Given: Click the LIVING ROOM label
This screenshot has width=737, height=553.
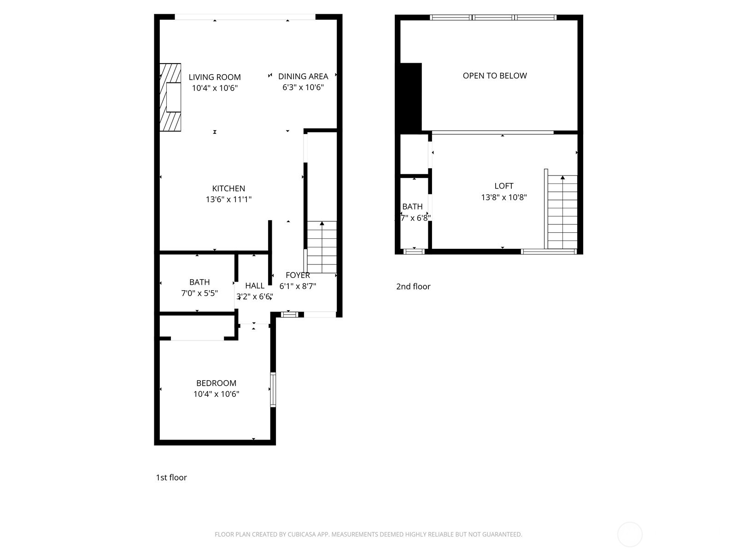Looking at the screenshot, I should pyautogui.click(x=215, y=77).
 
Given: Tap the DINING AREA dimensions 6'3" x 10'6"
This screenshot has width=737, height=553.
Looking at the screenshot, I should pyautogui.click(x=303, y=88).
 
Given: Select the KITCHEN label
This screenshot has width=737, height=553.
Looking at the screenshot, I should pyautogui.click(x=228, y=188).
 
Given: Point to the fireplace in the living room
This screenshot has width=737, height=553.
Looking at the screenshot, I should pyautogui.click(x=170, y=97).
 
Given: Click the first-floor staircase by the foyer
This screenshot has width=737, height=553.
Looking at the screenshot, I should pyautogui.click(x=322, y=247).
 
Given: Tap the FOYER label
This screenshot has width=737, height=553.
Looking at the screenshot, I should pyautogui.click(x=298, y=275).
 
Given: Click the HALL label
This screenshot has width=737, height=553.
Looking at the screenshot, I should pyautogui.click(x=255, y=286).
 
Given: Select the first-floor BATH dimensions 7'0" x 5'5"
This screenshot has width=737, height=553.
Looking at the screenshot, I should pyautogui.click(x=199, y=293).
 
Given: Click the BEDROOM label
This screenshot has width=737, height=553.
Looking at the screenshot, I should pyautogui.click(x=216, y=383).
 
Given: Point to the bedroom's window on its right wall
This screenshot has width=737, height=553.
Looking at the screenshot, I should pyautogui.click(x=273, y=389).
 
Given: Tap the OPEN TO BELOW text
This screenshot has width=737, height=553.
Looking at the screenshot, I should pyautogui.click(x=495, y=76).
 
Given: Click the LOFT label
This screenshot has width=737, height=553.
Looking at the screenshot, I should pyautogui.click(x=504, y=186).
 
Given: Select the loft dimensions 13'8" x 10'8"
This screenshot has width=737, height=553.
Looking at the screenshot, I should pyautogui.click(x=504, y=197).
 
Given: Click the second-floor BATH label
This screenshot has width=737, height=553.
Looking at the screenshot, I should pyautogui.click(x=412, y=206).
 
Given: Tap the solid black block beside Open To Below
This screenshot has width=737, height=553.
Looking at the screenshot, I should pyautogui.click(x=411, y=97).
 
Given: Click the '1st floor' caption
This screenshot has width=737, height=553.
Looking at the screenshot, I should pyautogui.click(x=171, y=477).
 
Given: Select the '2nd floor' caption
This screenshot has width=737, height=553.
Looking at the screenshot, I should pyautogui.click(x=413, y=286).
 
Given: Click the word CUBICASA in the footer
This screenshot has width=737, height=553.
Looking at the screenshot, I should pyautogui.click(x=302, y=535).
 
